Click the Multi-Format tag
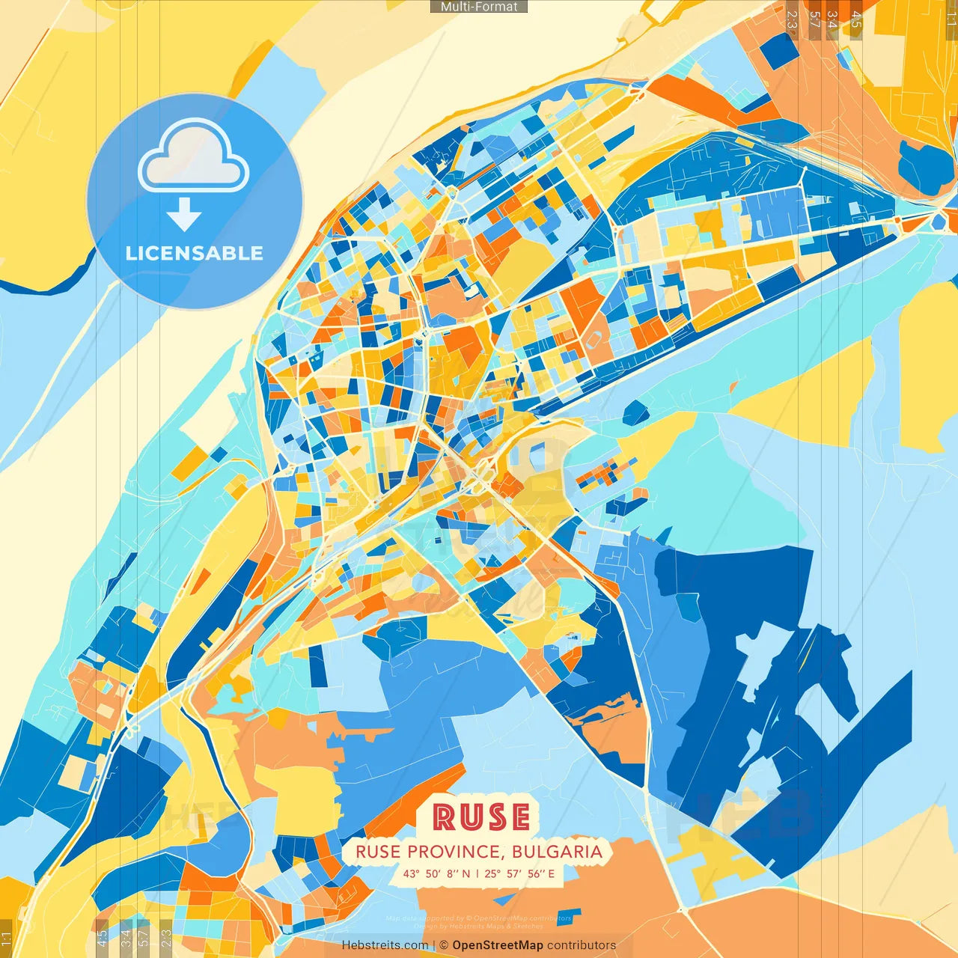click(x=479, y=7)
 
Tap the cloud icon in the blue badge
click(x=194, y=157)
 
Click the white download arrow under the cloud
click(x=184, y=213)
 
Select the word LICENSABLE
click(x=195, y=253)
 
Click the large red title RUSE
click(x=481, y=817)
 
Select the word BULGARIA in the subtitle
click(x=558, y=852)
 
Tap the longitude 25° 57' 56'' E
click(x=519, y=873)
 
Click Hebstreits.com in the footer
click(x=385, y=945)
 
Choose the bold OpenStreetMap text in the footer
click(x=498, y=945)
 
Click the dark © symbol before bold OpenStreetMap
click(x=443, y=945)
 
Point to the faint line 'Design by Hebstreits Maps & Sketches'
click(x=479, y=927)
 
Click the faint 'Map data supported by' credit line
click(x=479, y=918)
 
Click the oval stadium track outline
click(x=595, y=341)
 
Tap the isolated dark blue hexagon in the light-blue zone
click(x=635, y=412)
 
